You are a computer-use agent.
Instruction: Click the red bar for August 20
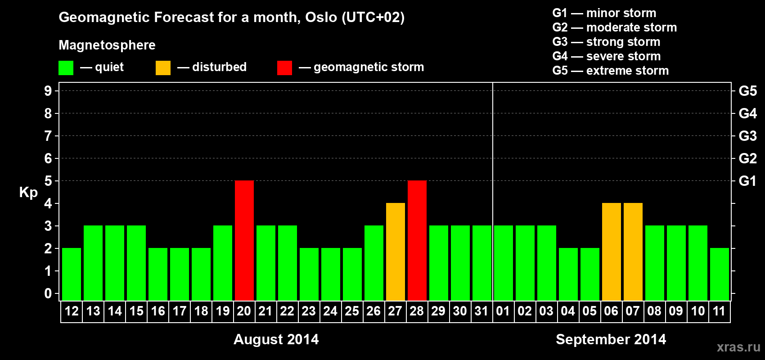coord(244,240)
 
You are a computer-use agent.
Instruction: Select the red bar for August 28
coord(417,240)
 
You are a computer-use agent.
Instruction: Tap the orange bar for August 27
coord(396,252)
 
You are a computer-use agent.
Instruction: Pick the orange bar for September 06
coord(611,252)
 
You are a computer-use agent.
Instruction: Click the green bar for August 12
coord(72,274)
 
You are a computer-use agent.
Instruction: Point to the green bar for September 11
coord(719,274)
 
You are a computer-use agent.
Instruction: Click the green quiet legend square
coord(66,67)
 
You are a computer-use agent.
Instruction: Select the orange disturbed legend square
coord(163,67)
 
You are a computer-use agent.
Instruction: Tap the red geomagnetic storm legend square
coord(284,67)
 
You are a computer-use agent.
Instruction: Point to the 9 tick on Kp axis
coord(48,91)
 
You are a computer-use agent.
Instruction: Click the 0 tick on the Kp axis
coord(48,293)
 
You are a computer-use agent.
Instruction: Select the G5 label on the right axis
coord(747,91)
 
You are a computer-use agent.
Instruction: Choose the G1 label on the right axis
coord(747,181)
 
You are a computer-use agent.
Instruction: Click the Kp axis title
coord(28,193)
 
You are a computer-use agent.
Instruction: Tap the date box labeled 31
coord(481,311)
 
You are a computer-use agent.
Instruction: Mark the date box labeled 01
coord(503,311)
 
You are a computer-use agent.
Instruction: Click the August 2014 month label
coord(276,339)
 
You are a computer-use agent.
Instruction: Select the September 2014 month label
coord(611,339)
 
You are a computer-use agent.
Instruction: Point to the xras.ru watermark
coord(739,347)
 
